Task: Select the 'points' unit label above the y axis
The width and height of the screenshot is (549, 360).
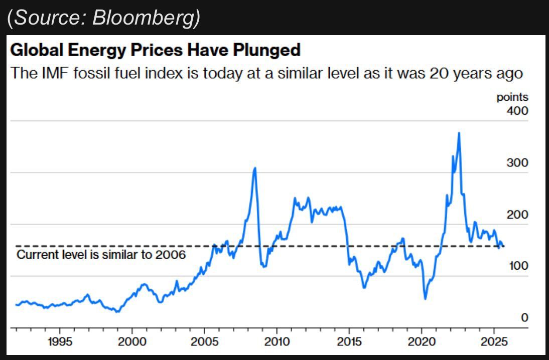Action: click(512, 97)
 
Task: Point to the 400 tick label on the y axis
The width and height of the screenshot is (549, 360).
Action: click(517, 110)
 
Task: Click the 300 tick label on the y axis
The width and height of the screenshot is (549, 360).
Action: click(517, 162)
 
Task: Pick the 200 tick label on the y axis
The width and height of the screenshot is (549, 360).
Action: click(517, 215)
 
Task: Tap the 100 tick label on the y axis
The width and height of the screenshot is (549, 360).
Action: click(517, 266)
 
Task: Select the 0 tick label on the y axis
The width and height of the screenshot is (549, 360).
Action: click(524, 317)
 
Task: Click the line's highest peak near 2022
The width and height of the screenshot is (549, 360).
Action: click(459, 133)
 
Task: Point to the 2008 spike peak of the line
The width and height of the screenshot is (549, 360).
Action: click(255, 168)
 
